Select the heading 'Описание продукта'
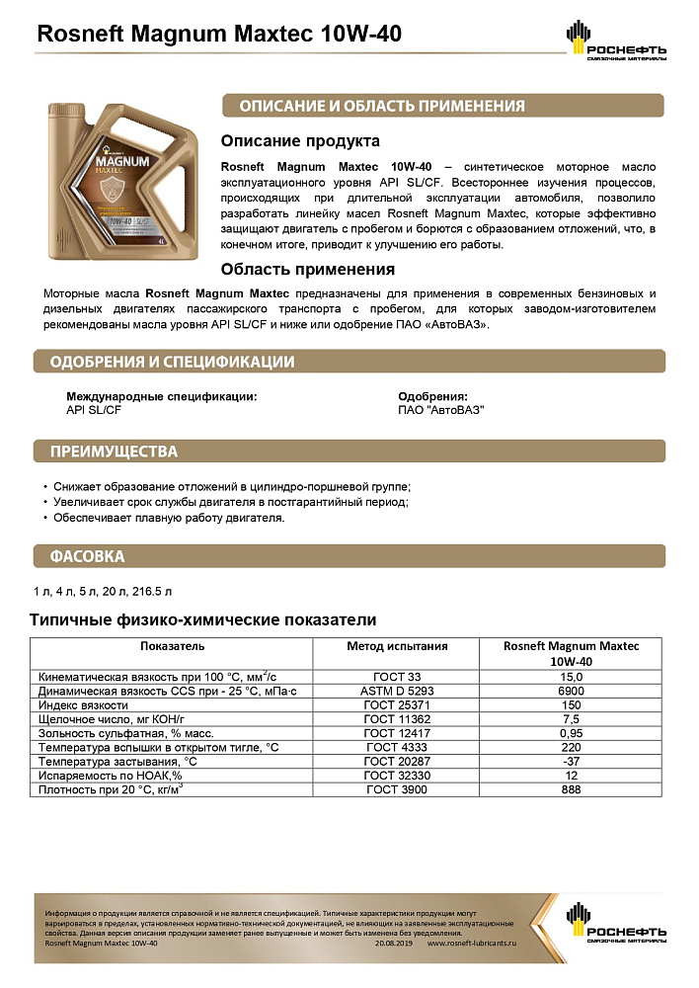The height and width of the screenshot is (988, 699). coord(300,141)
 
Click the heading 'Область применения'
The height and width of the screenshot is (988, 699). coord(308,269)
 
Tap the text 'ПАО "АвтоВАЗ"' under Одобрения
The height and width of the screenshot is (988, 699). coord(440,409)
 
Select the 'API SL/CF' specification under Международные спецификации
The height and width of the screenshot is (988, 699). coord(93,409)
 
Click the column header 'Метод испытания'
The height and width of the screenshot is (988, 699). coord(397,646)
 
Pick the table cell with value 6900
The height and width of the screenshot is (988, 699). coord(572,691)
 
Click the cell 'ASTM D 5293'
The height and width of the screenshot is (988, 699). coord(397,691)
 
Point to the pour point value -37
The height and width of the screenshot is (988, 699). coord(572,763)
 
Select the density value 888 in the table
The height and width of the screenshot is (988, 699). coord(572,791)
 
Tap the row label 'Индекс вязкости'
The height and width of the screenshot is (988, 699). coord(83,705)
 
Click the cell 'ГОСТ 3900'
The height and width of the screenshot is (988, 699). coord(397,791)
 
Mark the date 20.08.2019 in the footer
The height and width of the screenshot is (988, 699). coord(397,944)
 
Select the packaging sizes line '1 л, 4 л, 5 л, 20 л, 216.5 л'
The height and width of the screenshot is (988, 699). coord(103,591)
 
